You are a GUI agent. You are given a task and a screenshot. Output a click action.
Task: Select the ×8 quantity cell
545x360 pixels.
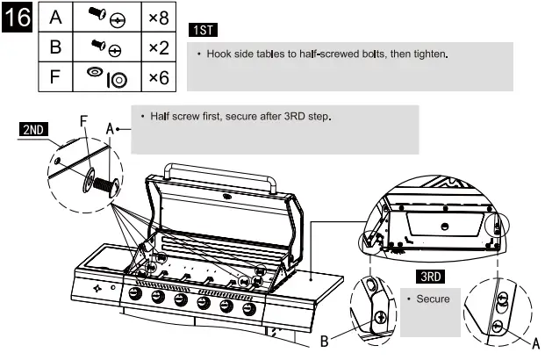pos(159,18)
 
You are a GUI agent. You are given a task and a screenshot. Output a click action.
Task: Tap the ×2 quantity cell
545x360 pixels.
pos(159,47)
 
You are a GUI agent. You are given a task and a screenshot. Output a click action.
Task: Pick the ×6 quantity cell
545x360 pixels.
pos(159,77)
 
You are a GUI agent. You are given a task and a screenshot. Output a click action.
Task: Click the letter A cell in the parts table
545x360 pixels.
pos(55,18)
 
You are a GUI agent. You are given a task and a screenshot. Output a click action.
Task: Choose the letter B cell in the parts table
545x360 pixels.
pos(55,47)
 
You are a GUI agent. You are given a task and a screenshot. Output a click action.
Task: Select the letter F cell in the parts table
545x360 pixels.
pos(55,77)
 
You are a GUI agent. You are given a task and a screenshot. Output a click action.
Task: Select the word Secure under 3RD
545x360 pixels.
pos(433,299)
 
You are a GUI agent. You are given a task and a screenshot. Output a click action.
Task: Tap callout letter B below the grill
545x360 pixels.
pos(325,342)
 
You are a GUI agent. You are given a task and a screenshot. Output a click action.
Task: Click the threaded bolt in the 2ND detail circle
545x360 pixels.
pos(104,187)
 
